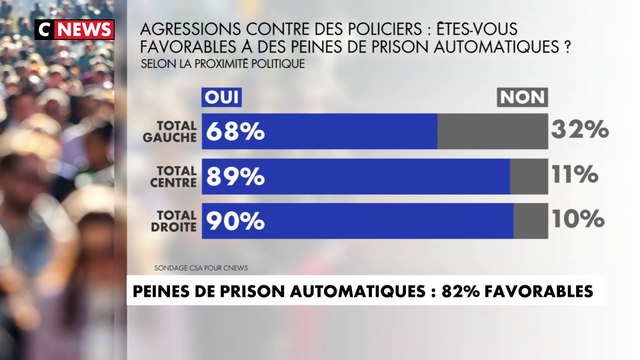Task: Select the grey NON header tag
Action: (x=522, y=97)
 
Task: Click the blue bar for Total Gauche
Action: (x=320, y=131)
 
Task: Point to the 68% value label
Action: (x=233, y=131)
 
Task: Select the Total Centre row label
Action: (x=176, y=175)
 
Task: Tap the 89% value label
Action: (x=234, y=176)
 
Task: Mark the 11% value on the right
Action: (x=574, y=175)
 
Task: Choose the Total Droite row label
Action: (x=175, y=220)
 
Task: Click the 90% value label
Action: (x=234, y=220)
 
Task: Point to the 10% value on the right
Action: (x=578, y=219)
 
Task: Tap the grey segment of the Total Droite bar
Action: (x=531, y=220)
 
